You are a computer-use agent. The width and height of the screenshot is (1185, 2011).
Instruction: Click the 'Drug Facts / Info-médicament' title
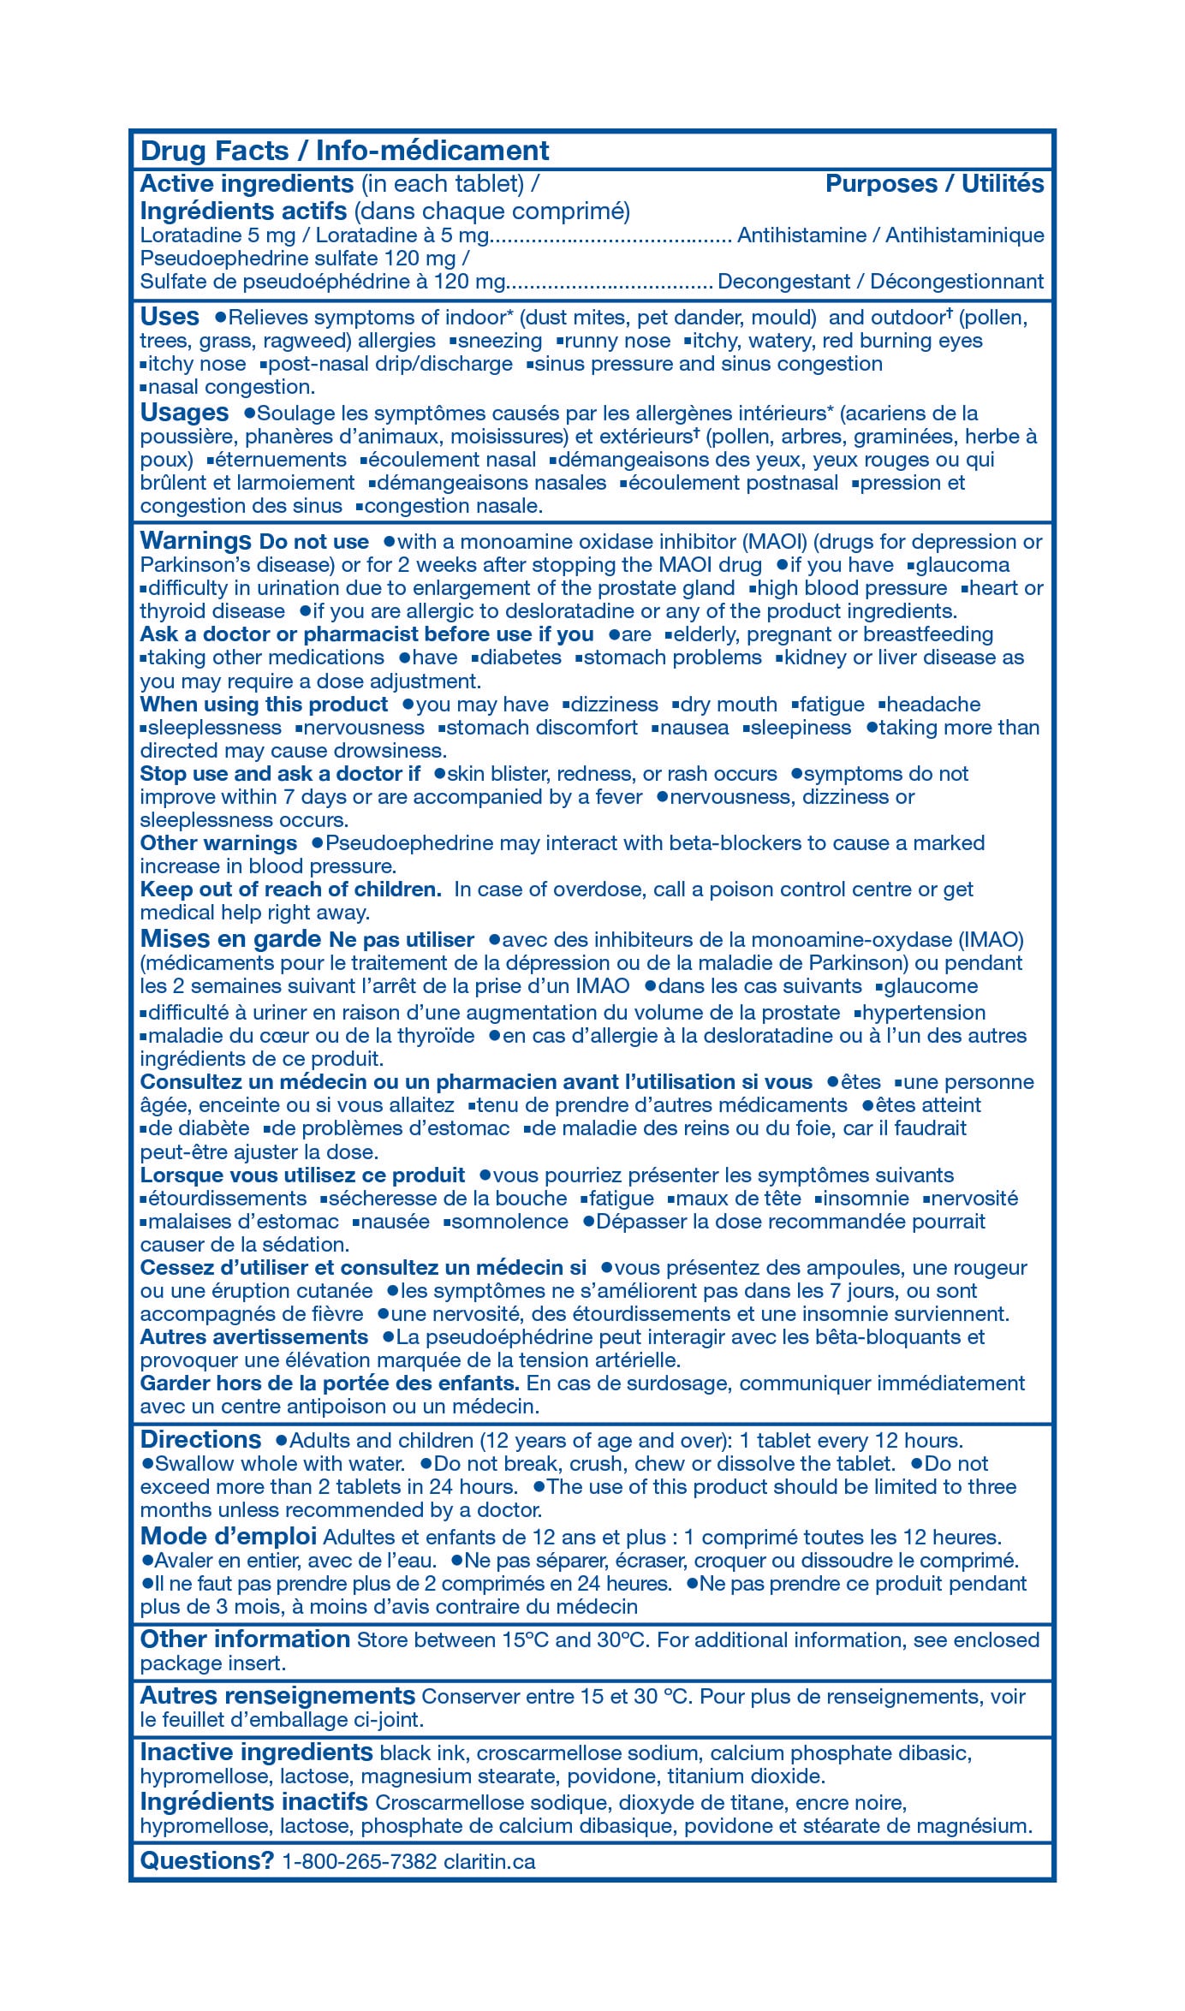coord(344,151)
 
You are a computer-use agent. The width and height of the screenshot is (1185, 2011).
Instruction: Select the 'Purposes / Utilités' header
coord(934,183)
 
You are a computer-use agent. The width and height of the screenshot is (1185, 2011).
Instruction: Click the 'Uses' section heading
coord(170,317)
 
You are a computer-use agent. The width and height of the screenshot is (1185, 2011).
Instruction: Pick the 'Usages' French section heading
coord(184,413)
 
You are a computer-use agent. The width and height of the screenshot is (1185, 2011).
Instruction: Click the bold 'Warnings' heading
coord(195,541)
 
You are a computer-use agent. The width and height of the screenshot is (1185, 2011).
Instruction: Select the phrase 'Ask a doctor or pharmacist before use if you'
coord(366,634)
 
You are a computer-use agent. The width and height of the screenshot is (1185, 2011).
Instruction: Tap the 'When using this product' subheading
coord(264,705)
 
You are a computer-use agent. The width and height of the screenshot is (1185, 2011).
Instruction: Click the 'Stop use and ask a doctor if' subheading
coord(280,774)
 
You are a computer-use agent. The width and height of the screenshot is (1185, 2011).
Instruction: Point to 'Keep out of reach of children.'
coord(290,889)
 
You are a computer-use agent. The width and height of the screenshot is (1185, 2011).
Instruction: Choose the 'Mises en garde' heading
coord(230,939)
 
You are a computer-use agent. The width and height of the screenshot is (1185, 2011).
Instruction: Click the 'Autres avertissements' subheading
coord(253,1337)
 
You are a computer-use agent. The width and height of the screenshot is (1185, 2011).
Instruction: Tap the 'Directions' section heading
coord(200,1440)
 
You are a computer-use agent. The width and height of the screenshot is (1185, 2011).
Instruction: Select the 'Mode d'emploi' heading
coord(228,1537)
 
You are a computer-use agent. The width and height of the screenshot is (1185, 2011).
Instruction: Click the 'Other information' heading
coord(245,1639)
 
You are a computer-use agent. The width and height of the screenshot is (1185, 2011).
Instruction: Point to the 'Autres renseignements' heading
coord(277,1696)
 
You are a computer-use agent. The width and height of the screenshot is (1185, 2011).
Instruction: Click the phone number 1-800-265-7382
coord(359,1862)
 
